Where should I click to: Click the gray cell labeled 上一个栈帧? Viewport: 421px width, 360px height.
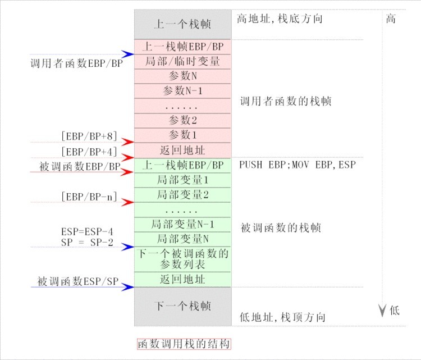pos(182,25)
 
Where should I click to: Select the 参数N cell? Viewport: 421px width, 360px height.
pos(182,76)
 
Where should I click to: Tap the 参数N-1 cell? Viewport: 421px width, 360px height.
pos(182,90)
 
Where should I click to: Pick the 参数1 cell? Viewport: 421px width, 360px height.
pos(182,135)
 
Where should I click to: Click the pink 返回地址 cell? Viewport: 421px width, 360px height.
pos(182,150)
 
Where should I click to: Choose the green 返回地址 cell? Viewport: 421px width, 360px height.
pos(182,279)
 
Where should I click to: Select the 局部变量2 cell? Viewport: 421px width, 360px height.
pos(182,195)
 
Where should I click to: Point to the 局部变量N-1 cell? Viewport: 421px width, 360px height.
pos(182,224)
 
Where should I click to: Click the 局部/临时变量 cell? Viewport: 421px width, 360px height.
pos(182,61)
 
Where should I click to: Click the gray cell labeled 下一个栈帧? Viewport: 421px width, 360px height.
pos(182,306)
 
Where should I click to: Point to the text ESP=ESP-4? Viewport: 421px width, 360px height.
pos(86,231)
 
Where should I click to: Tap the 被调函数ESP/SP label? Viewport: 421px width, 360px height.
pos(78,281)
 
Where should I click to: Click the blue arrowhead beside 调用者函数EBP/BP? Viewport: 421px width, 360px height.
pos(129,54)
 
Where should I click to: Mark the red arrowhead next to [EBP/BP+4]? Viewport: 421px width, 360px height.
pos(129,157)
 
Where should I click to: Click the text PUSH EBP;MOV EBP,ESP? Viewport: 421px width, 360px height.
pos(298,165)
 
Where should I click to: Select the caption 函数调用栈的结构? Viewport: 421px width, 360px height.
pos(184,344)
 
